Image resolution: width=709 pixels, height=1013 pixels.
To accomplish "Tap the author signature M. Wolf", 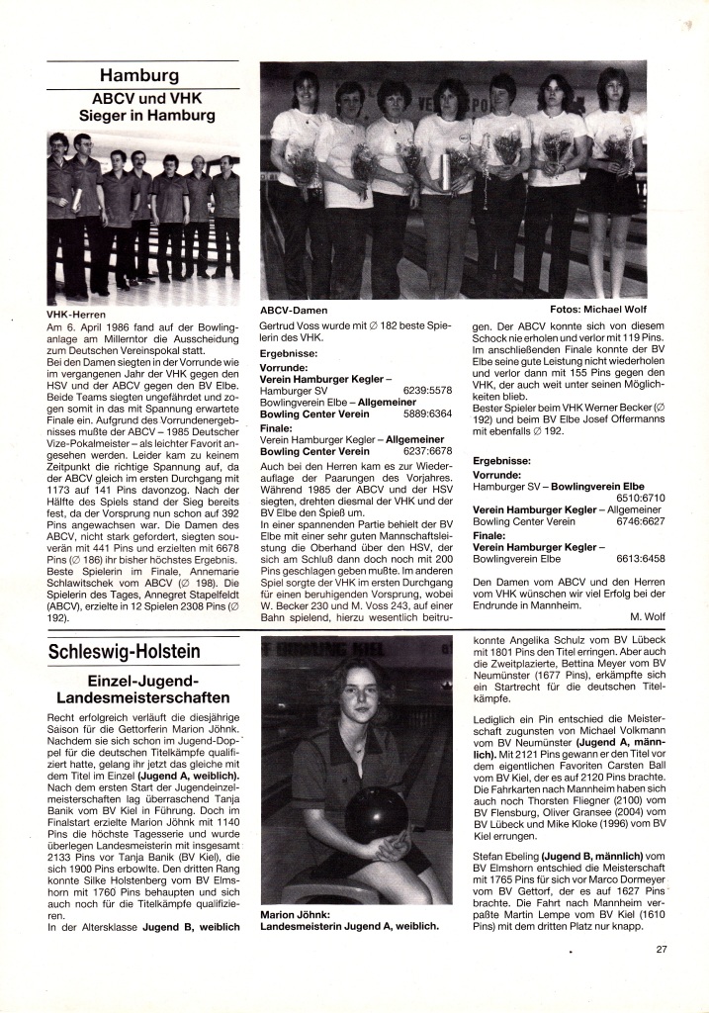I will [647, 614].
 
